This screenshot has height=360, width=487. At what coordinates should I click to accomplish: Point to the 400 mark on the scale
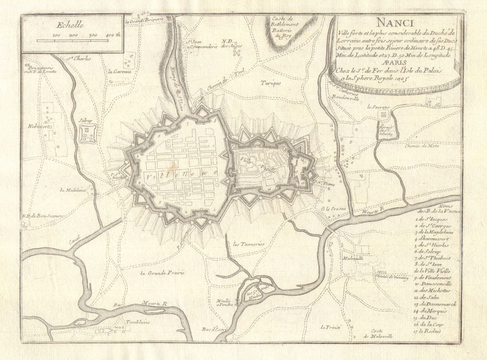coord(112,35)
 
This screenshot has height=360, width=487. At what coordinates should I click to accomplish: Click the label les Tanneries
coord(248,243)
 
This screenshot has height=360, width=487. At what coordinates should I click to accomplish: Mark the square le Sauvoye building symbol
coord(384,114)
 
